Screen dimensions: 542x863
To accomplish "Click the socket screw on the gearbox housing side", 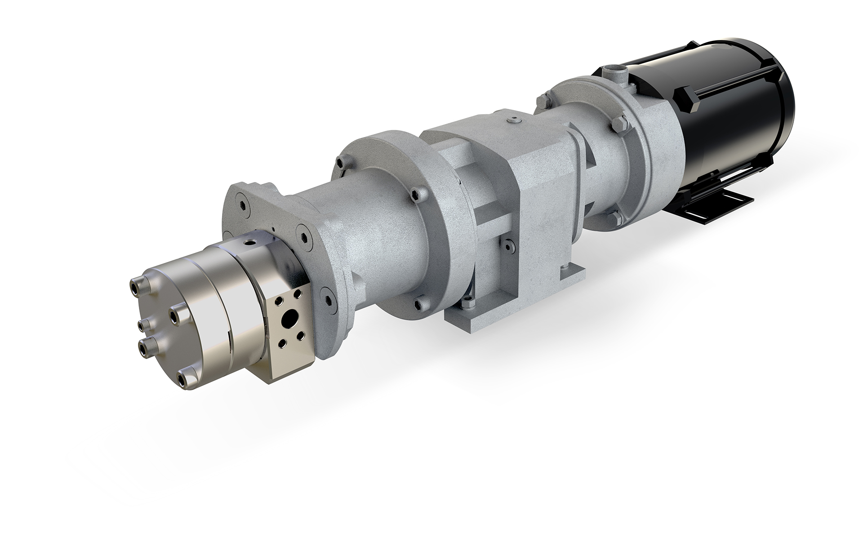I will (x=507, y=244).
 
